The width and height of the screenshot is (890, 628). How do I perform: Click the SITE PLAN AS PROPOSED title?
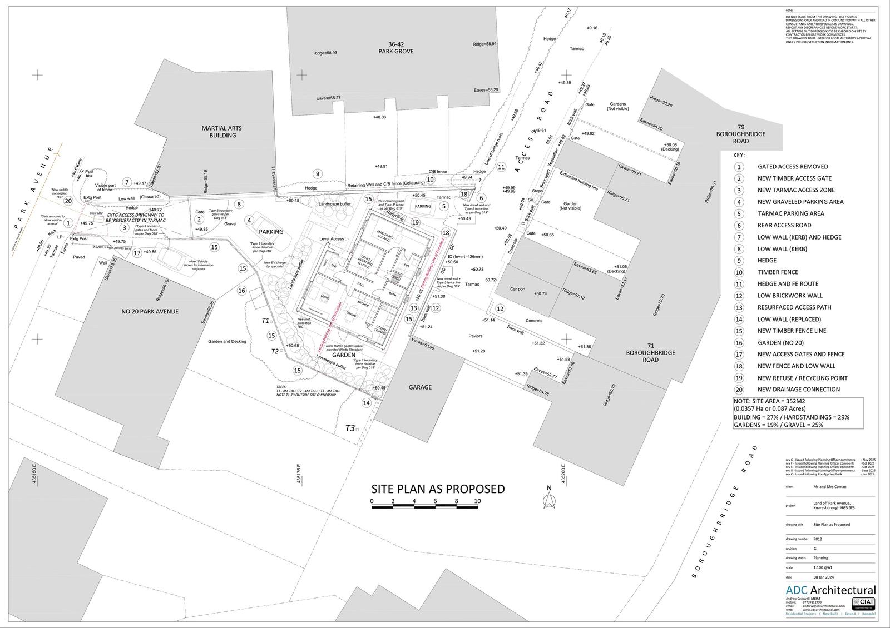(438, 489)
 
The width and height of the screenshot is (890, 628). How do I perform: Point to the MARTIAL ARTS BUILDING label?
(221, 132)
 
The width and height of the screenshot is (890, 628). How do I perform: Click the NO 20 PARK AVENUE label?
(150, 311)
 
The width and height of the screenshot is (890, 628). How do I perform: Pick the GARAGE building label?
(420, 387)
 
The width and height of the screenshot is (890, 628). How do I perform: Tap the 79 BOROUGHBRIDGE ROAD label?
(740, 134)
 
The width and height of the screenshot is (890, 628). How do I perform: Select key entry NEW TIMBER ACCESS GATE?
(794, 178)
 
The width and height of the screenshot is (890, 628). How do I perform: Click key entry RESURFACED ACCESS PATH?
(794, 307)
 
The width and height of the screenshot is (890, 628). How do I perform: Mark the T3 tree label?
(350, 428)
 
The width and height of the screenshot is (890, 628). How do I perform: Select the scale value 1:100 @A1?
(823, 568)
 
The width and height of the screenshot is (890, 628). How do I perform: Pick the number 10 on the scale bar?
(477, 501)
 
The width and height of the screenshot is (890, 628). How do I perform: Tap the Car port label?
(518, 289)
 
